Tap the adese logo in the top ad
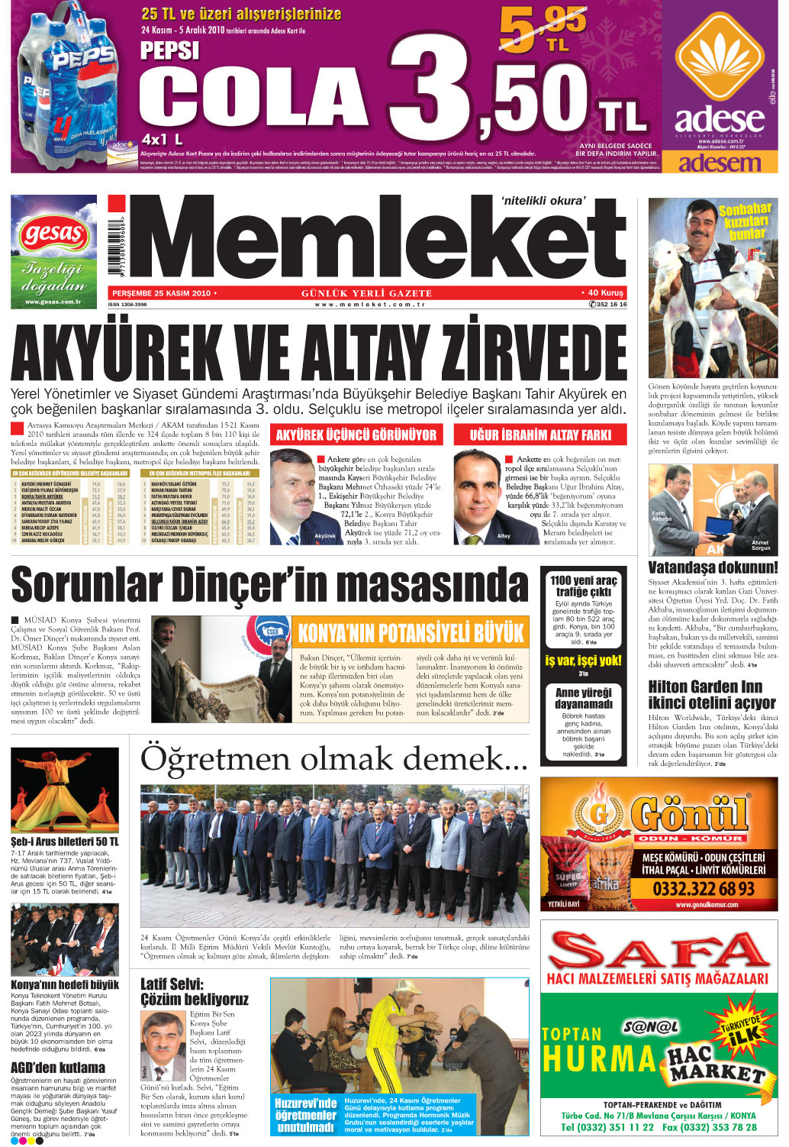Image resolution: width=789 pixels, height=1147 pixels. pos(719,118)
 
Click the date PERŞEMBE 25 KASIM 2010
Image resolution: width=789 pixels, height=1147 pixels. pos(161,293)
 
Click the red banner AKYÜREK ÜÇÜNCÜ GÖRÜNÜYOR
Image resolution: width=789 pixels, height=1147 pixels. pos(356,435)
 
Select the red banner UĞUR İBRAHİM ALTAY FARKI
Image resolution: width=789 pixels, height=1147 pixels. pos(539,435)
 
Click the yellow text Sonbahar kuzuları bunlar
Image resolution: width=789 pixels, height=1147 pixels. pos(745,221)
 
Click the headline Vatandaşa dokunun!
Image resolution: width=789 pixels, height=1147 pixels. pos(713,567)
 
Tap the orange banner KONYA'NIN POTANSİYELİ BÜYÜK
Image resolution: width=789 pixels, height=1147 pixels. pos(411,633)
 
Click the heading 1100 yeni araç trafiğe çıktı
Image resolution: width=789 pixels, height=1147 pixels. pos(584,586)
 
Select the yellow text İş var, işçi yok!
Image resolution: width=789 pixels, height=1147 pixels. pos(583,661)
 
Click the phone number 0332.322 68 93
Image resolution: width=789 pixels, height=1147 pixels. pos(703,888)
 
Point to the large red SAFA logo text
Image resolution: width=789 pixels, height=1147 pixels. pos(659,951)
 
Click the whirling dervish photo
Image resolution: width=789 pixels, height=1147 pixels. pos(65,790)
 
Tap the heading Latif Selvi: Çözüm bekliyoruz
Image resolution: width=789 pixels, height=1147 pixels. pos(195,992)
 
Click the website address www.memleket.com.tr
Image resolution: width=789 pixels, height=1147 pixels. pos(369,304)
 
